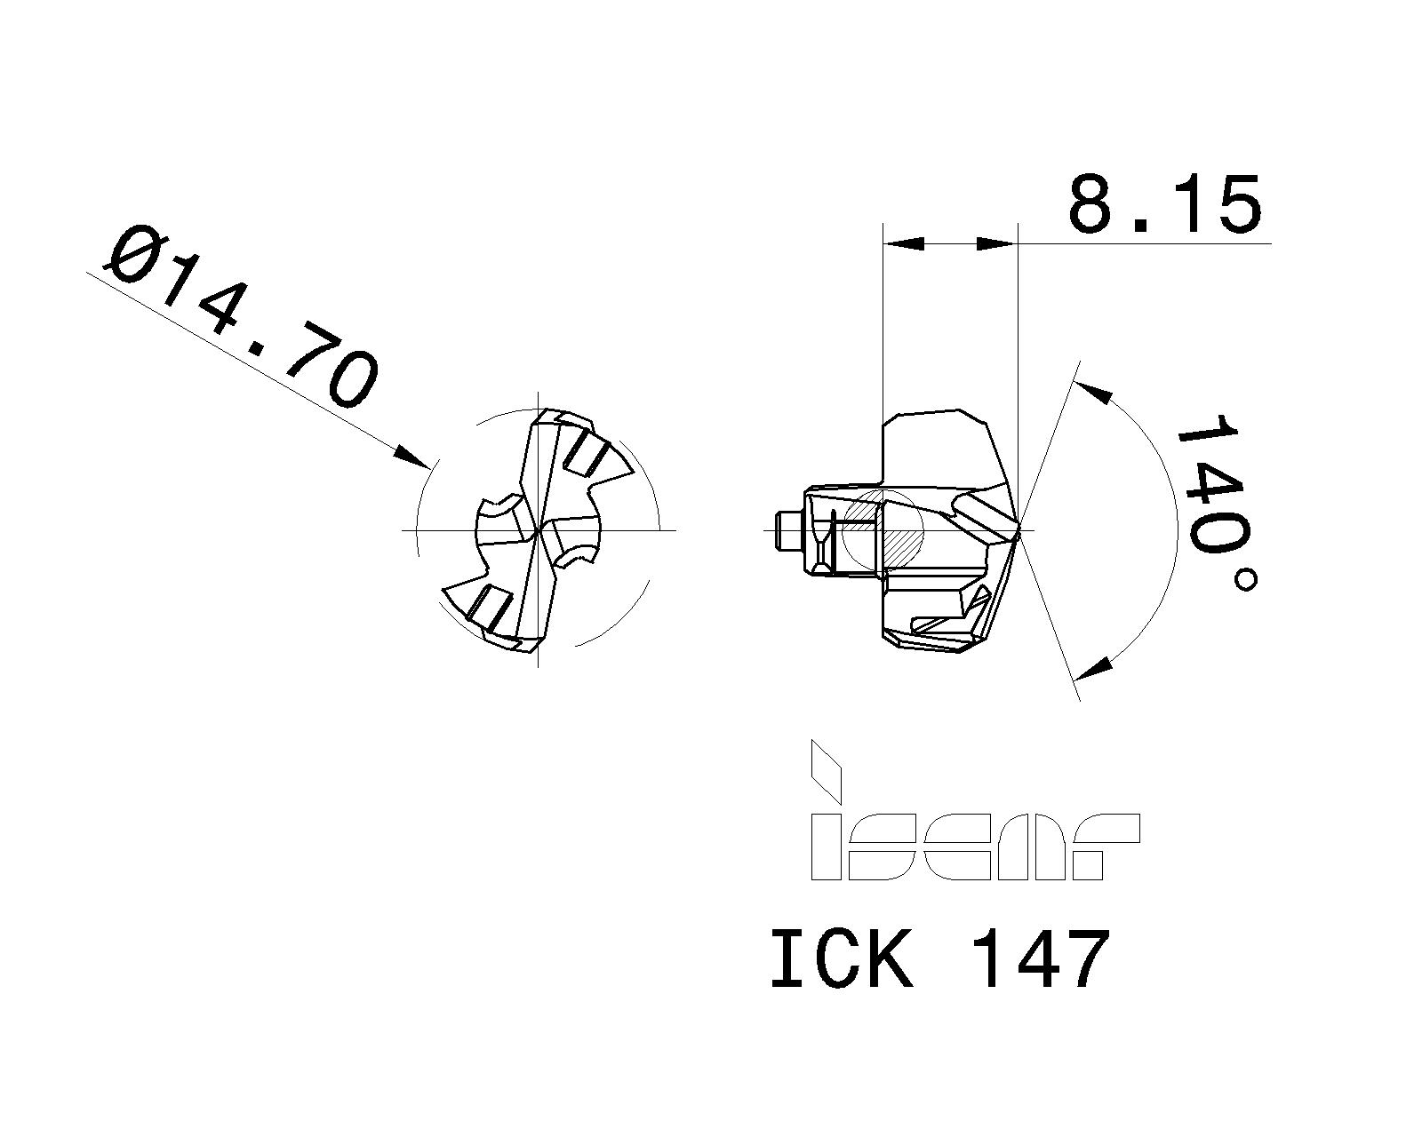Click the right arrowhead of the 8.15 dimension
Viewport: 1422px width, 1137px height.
pos(995,243)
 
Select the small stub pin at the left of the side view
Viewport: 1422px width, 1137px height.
pos(787,530)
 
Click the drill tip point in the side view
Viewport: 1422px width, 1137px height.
pos(1019,530)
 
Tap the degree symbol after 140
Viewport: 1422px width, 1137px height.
pos(1245,580)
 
